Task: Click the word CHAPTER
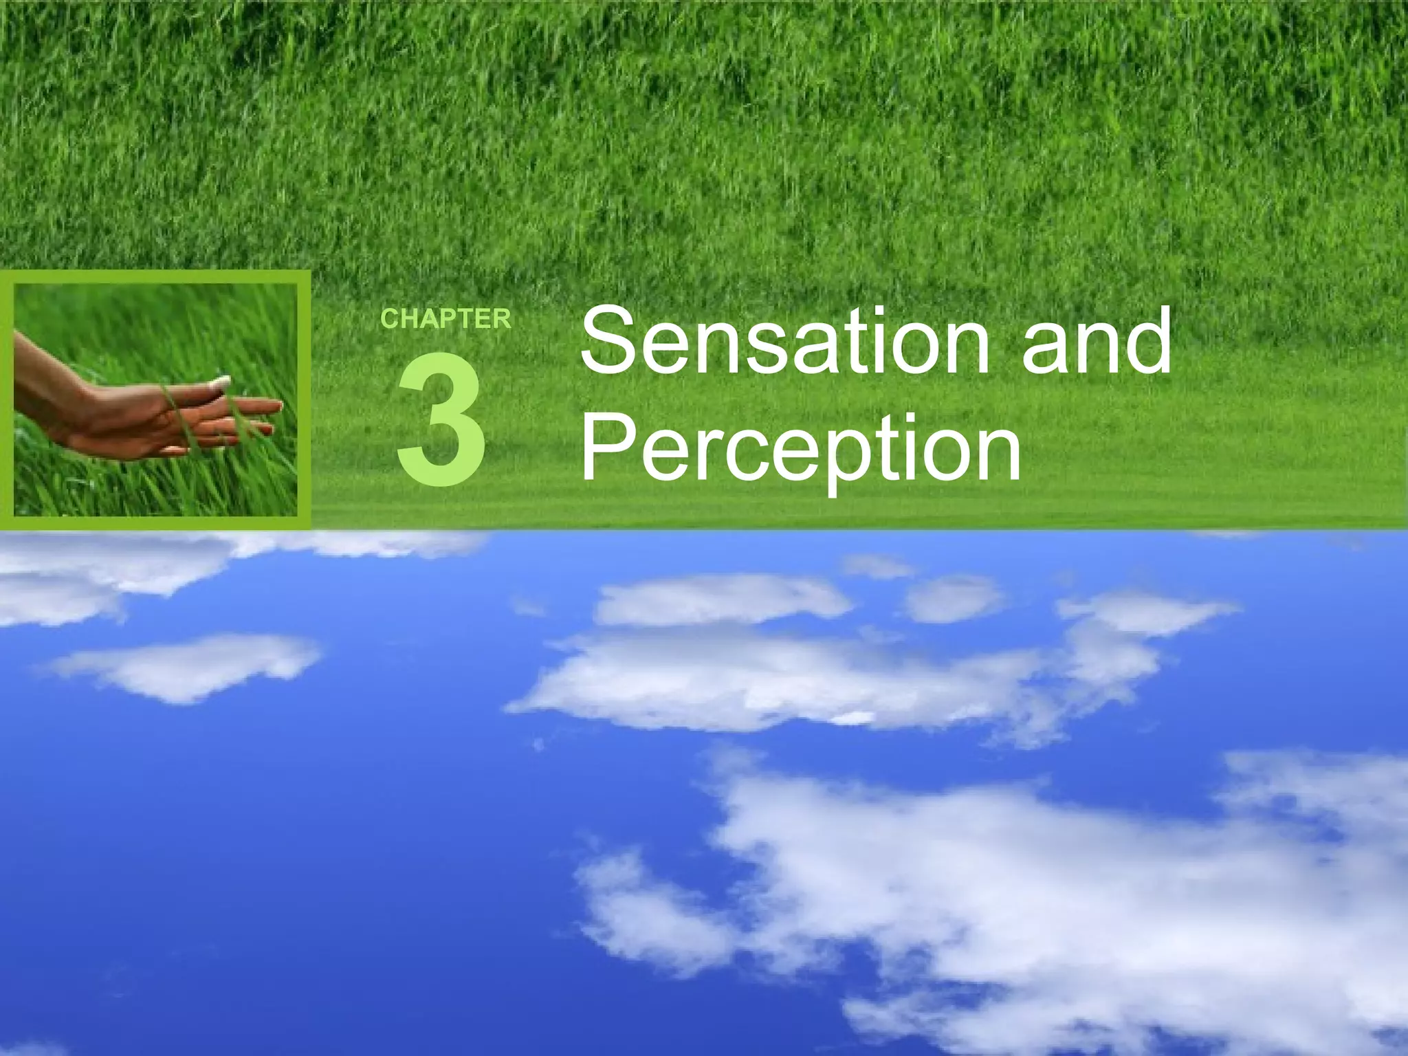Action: [x=445, y=319]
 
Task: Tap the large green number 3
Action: [x=441, y=419]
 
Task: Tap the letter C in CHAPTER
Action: [x=389, y=320]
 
